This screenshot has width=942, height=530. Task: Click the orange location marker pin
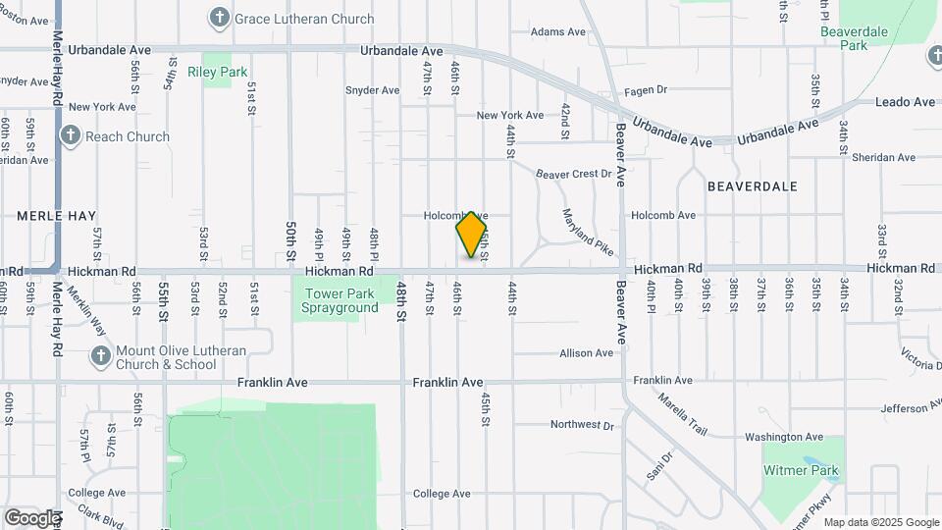pyautogui.click(x=472, y=235)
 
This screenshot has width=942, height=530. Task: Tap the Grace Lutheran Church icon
pyautogui.click(x=220, y=18)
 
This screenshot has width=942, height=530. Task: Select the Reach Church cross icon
pyautogui.click(x=70, y=135)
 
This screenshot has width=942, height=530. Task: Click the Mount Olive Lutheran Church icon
pyautogui.click(x=100, y=355)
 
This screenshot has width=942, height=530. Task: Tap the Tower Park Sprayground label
pyautogui.click(x=340, y=300)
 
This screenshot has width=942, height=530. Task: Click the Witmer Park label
pyautogui.click(x=802, y=470)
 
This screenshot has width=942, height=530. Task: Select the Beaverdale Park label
pyautogui.click(x=855, y=38)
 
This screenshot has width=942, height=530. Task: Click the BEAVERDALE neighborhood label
pyautogui.click(x=752, y=185)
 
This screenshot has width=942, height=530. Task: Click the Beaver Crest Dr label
pyautogui.click(x=574, y=174)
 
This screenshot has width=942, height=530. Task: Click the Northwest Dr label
pyautogui.click(x=581, y=425)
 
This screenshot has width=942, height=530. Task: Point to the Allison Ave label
pyautogui.click(x=586, y=353)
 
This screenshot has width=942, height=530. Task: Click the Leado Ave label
pyautogui.click(x=905, y=102)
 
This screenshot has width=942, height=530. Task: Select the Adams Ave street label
pyautogui.click(x=557, y=31)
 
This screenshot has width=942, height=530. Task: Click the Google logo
pyautogui.click(x=32, y=517)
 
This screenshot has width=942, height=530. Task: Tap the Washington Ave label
pyautogui.click(x=783, y=437)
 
